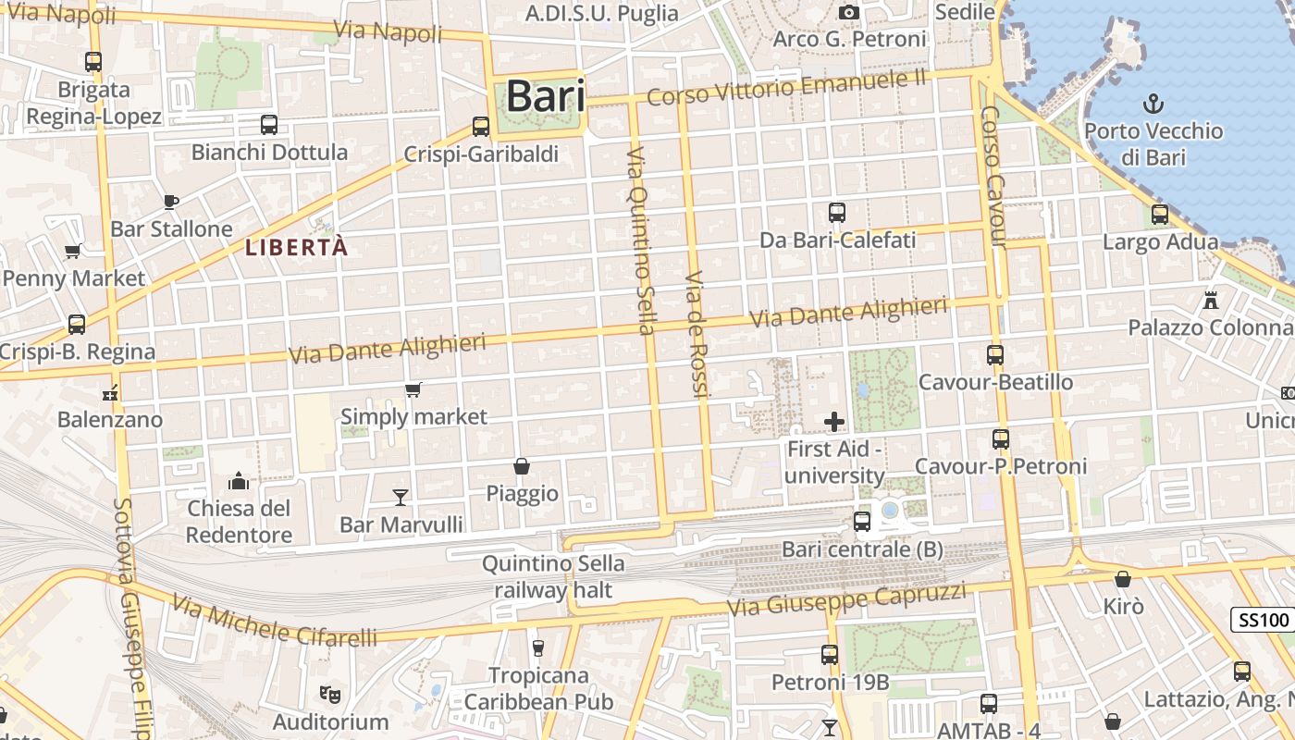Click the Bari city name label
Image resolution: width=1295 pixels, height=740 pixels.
click(x=546, y=96)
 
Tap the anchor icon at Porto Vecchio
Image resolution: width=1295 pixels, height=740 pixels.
click(x=1153, y=103)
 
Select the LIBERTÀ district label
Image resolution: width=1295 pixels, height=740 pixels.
click(x=297, y=248)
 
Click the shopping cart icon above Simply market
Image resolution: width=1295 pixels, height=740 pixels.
click(x=413, y=390)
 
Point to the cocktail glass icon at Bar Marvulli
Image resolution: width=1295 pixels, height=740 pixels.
click(x=400, y=498)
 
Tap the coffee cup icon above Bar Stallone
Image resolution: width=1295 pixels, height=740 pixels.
click(x=170, y=202)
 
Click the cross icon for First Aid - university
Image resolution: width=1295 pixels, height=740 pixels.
click(x=834, y=422)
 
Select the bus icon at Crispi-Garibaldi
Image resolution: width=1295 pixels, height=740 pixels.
click(x=480, y=127)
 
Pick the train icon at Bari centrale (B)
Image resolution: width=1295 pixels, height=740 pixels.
click(x=862, y=522)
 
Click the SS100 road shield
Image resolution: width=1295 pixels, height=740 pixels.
click(x=1263, y=620)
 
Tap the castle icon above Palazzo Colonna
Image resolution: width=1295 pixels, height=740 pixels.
click(x=1210, y=300)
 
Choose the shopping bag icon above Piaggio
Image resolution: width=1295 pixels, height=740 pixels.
click(x=522, y=466)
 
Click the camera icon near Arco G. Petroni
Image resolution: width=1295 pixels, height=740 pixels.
click(x=848, y=12)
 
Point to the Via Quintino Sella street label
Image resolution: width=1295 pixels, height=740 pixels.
click(x=640, y=240)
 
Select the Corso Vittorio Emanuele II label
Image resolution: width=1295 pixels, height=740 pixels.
click(x=786, y=89)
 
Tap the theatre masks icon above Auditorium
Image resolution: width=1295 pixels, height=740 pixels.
click(x=327, y=693)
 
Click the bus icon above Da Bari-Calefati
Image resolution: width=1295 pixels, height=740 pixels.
click(x=837, y=213)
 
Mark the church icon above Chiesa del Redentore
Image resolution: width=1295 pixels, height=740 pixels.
click(x=239, y=481)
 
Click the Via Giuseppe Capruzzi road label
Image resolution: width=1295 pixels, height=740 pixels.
click(x=846, y=599)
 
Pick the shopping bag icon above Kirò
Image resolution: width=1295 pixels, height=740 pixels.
click(x=1123, y=579)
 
